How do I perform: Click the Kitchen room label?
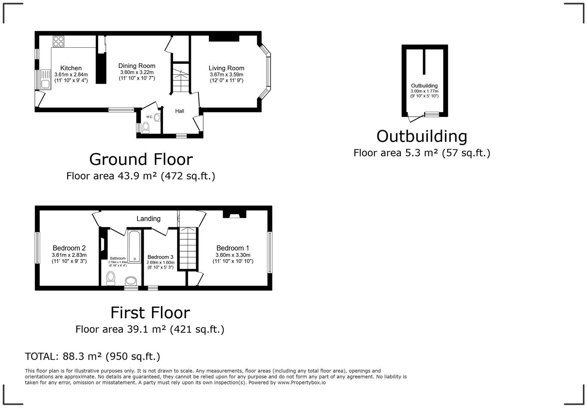[71, 68]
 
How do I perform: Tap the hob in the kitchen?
[58, 41]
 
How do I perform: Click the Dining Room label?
[137, 66]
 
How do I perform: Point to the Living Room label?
[226, 68]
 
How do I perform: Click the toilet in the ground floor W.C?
[146, 128]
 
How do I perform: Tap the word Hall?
[180, 111]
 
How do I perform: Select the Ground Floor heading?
[141, 159]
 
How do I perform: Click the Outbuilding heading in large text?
[422, 136]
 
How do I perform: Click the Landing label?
[148, 219]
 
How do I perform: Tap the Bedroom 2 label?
[69, 248]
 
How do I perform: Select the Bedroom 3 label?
[160, 257]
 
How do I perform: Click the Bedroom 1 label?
[232, 248]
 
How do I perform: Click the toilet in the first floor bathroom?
[111, 278]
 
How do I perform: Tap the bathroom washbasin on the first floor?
[131, 281]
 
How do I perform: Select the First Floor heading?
[150, 313]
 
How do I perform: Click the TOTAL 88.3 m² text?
[92, 356]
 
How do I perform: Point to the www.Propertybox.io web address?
[302, 383]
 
